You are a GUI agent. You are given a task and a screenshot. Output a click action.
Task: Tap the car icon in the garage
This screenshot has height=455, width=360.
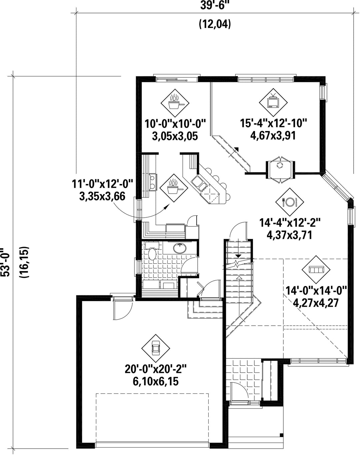[x=156, y=348]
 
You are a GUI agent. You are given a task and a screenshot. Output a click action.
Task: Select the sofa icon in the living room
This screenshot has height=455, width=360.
[x=316, y=270]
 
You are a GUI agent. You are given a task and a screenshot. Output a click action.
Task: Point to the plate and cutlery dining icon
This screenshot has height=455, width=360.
[x=290, y=202]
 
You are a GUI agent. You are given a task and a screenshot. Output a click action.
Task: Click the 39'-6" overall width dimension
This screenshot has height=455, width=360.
[x=215, y=5]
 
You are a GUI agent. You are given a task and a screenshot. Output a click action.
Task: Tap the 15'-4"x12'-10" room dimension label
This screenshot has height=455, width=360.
[x=273, y=123]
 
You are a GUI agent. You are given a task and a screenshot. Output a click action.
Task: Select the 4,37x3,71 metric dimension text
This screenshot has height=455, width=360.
[x=290, y=235]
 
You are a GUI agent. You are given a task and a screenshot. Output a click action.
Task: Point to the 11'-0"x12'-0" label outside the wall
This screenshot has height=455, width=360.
[x=102, y=184]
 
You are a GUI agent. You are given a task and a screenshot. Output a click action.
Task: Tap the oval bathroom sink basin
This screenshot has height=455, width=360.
[x=180, y=248]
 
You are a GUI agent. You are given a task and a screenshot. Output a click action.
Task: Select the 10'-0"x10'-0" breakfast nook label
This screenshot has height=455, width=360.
[x=175, y=124]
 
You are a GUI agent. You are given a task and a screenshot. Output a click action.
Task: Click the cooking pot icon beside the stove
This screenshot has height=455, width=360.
[x=174, y=188]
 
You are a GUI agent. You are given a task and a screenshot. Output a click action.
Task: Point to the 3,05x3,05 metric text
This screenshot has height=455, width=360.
[x=175, y=136]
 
